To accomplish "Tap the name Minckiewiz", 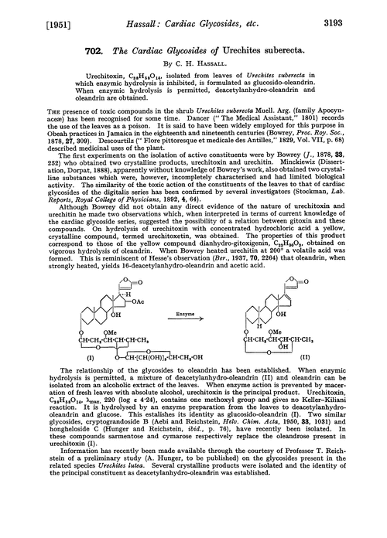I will [x=319, y=174].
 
